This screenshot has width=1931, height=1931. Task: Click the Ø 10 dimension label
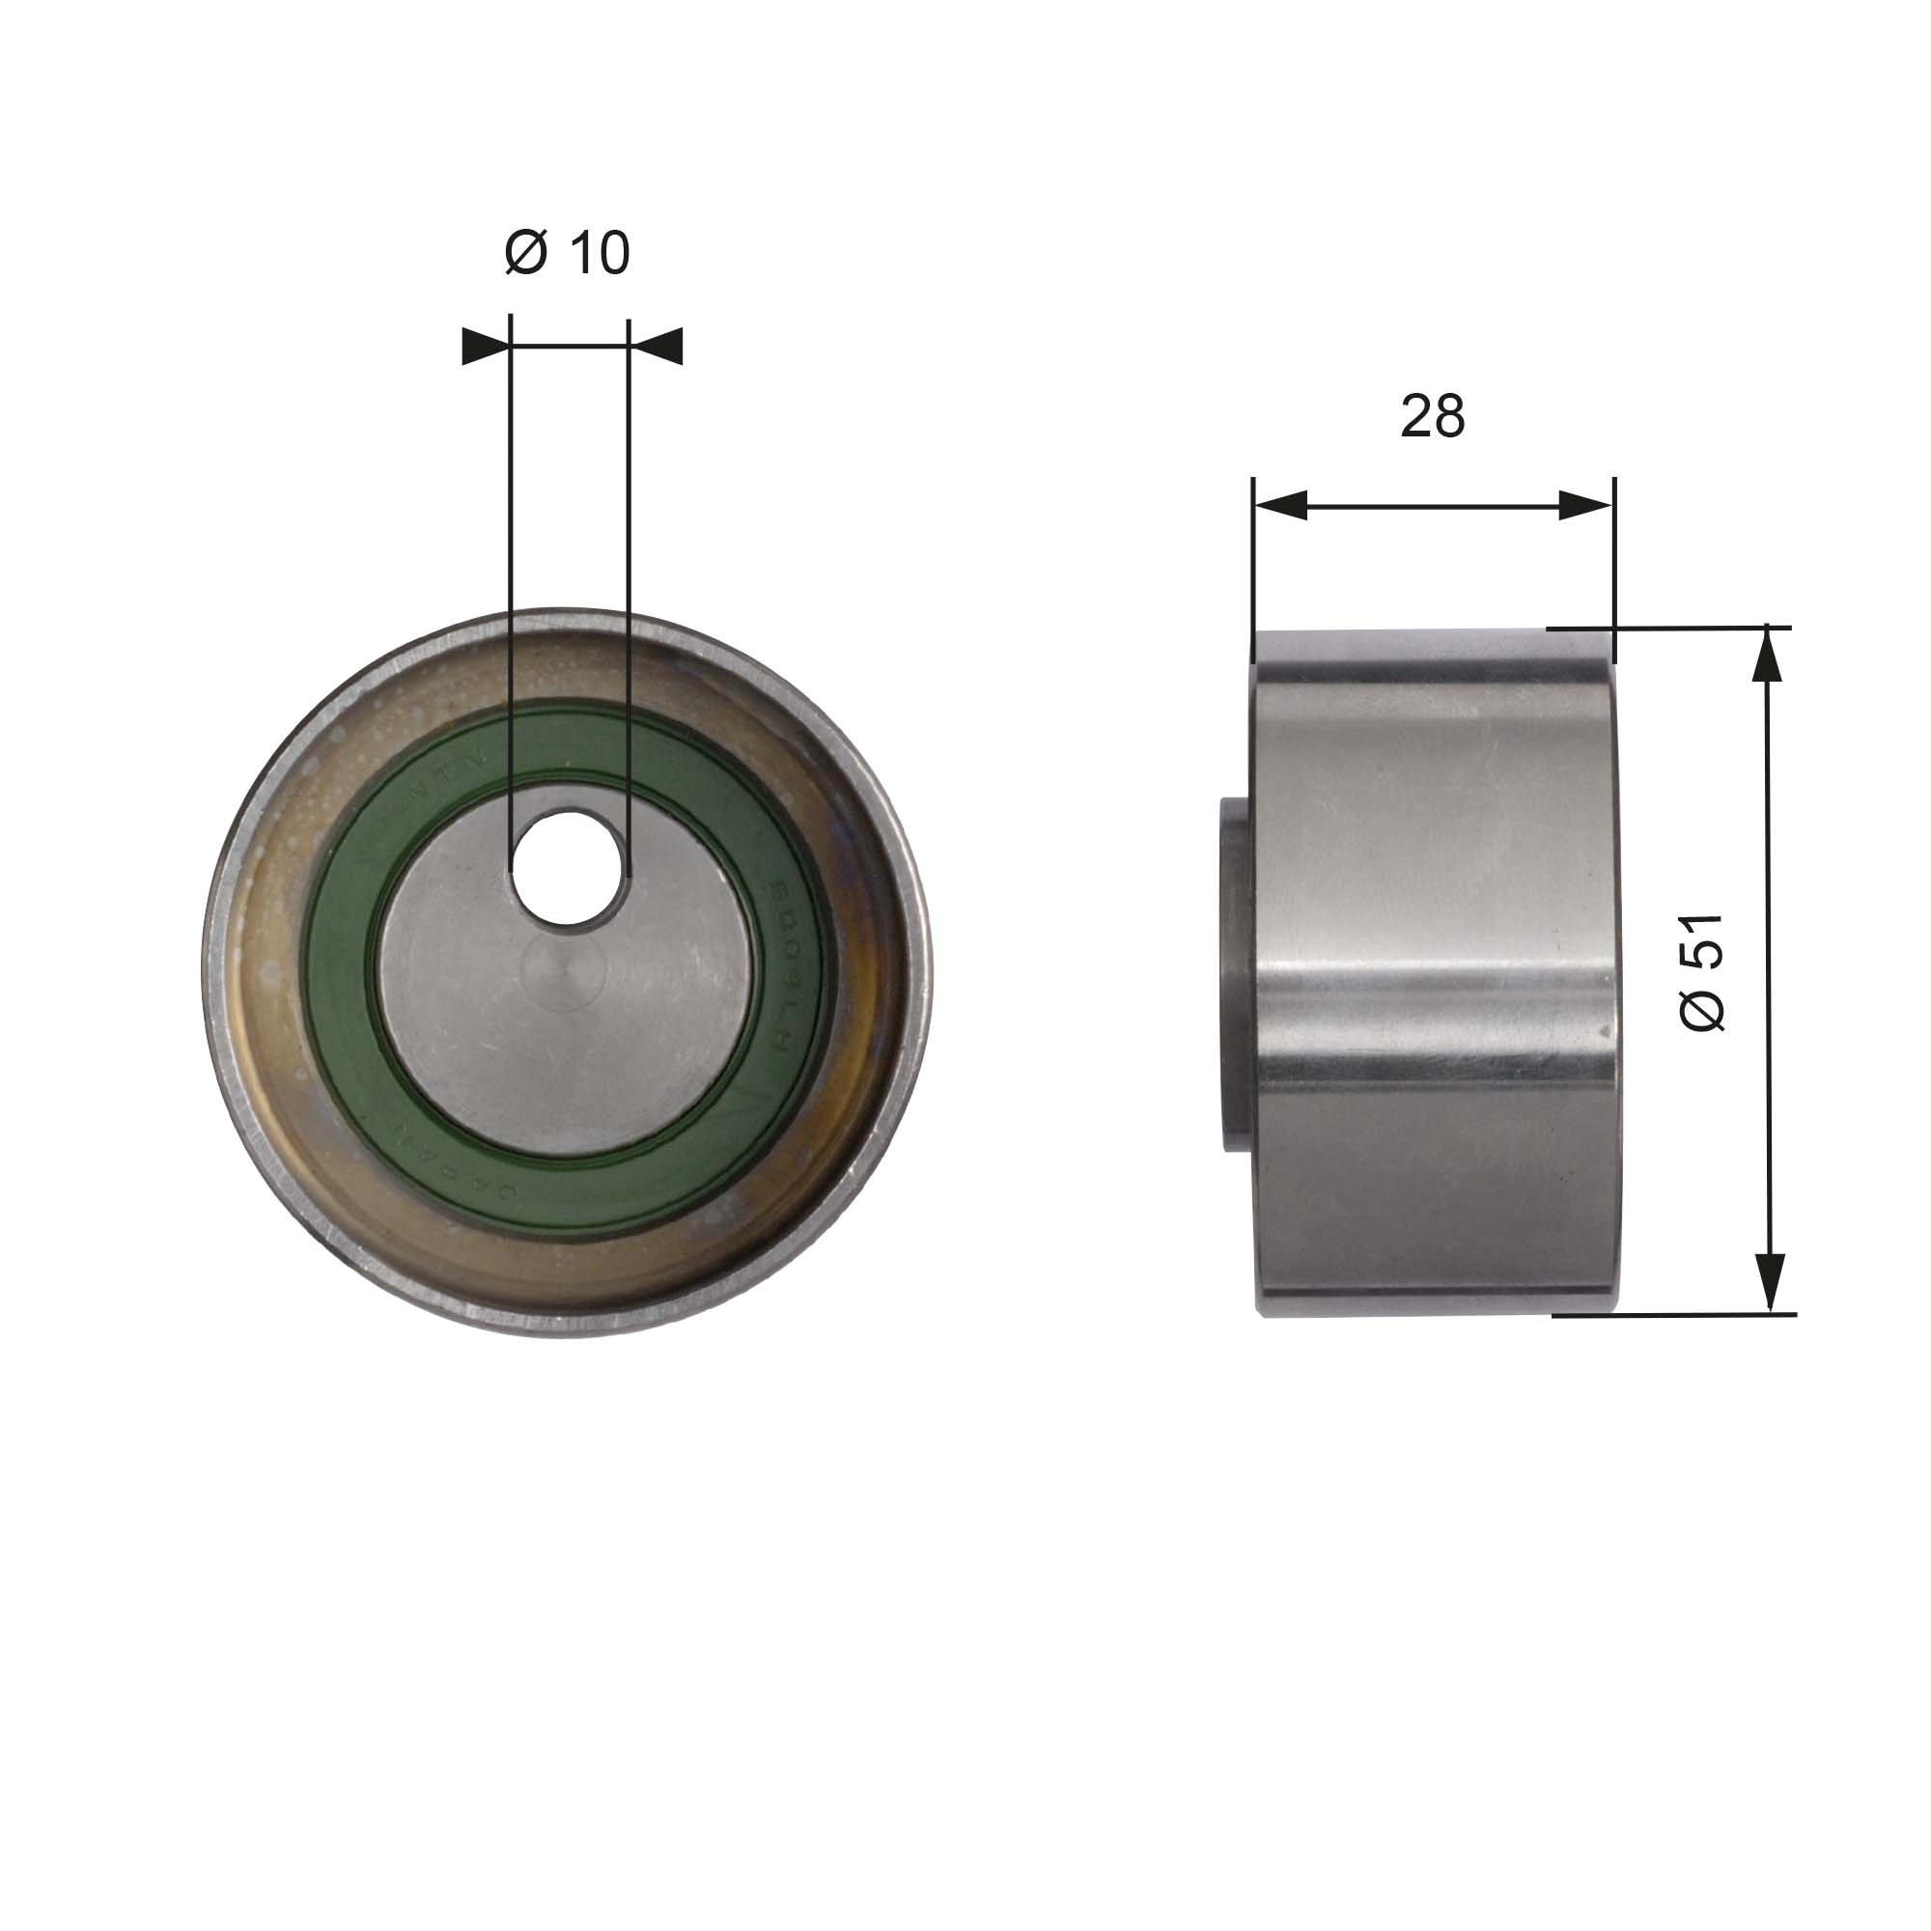[x=567, y=253]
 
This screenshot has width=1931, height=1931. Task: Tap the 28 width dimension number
[x=1431, y=417]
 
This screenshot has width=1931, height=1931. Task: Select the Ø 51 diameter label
[x=1702, y=972]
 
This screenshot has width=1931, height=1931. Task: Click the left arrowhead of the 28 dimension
[x=1281, y=506]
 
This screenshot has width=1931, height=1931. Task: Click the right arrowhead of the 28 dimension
[x=1585, y=506]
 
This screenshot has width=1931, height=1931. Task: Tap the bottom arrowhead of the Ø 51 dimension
[x=1770, y=1284]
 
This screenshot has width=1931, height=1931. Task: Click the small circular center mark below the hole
[x=565, y=974]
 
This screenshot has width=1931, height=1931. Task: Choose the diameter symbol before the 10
[x=526, y=253]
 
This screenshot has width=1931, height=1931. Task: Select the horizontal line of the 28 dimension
[x=1431, y=506]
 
